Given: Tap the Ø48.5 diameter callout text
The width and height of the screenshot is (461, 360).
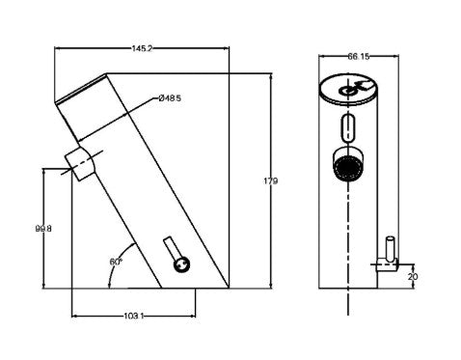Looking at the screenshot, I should click(170, 97).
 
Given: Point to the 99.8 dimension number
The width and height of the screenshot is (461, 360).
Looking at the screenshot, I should click(42, 229).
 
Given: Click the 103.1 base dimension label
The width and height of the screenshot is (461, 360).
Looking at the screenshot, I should click(134, 317).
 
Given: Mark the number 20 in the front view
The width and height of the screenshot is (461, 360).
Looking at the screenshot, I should click(413, 275).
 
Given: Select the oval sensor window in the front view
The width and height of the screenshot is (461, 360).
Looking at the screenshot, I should click(348, 127).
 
